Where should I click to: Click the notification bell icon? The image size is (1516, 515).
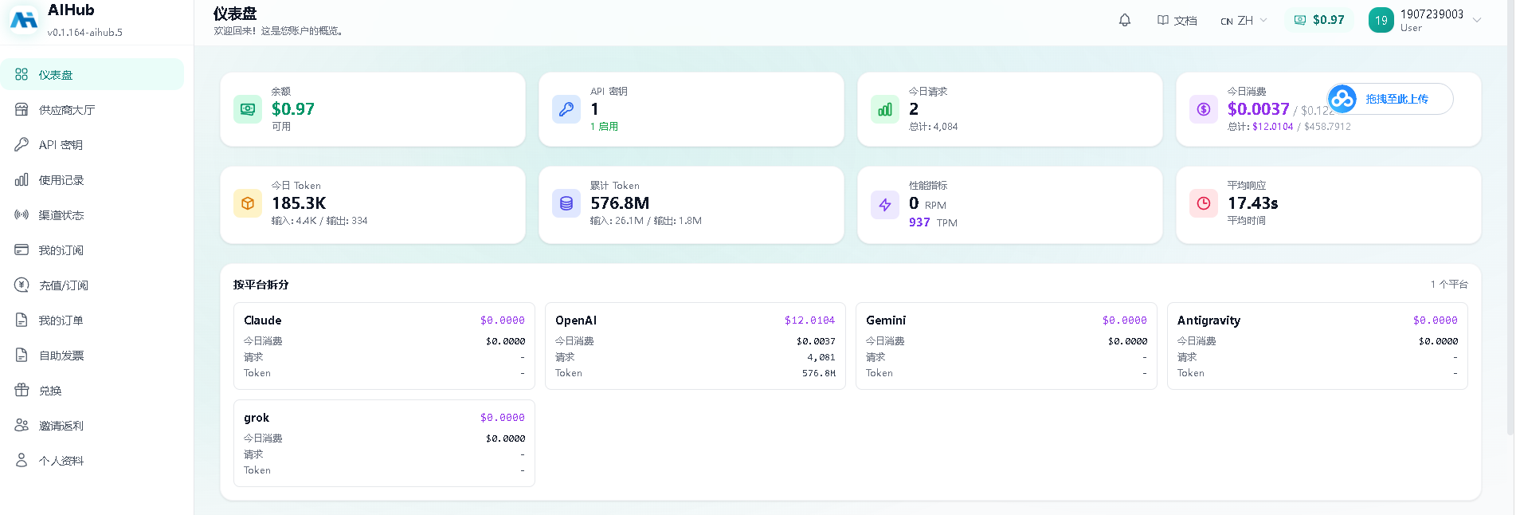coord(1125,20)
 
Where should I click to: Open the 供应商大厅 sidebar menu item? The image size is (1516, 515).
coord(67,110)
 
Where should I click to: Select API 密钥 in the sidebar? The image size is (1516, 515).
coord(61,145)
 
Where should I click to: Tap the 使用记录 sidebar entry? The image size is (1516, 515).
coord(61,180)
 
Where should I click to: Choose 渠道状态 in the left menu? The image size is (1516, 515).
coord(61,215)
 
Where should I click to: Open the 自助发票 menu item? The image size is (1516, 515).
coord(61,356)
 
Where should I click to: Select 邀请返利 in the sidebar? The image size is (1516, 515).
coord(61,426)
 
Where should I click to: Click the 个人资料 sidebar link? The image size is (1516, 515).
coord(61,461)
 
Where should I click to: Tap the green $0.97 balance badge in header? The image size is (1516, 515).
coord(1318,20)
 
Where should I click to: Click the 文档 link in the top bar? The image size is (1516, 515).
coord(1177,21)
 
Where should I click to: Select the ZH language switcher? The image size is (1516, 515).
coord(1244,21)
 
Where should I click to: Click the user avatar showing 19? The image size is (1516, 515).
coord(1381,21)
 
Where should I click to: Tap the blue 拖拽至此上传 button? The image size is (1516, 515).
coord(1390,99)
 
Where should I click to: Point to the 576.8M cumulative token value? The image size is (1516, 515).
coord(620,203)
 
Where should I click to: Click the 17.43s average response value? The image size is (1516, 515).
coord(1253,203)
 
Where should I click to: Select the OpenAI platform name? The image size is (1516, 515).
coord(576,320)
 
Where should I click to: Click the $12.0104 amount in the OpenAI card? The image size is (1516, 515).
coord(809,320)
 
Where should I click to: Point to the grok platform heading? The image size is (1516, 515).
coord(257,418)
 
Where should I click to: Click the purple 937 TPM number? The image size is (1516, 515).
coord(919,222)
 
